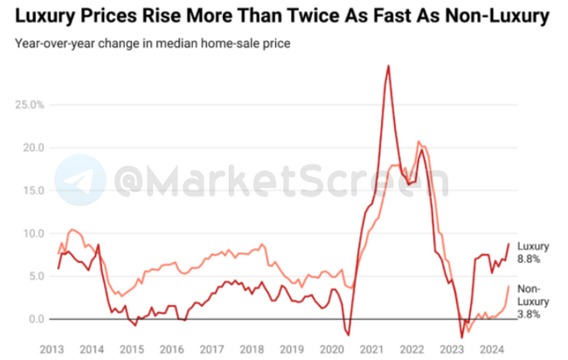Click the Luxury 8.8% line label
[x=533, y=253]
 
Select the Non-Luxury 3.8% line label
[x=531, y=301]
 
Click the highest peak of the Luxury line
[x=388, y=66]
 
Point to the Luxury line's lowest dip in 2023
[x=462, y=336]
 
